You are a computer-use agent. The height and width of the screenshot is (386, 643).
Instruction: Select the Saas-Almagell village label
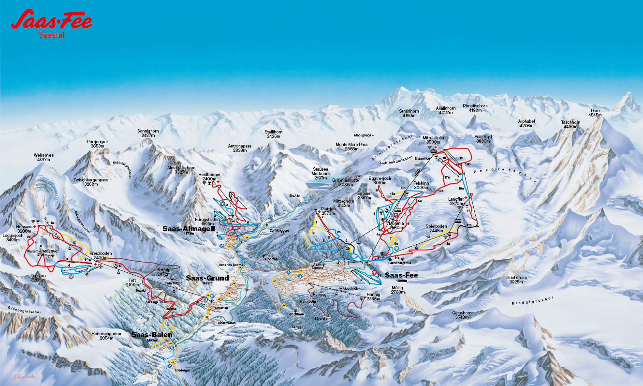(189, 228)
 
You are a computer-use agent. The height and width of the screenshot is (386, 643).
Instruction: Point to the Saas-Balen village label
(151, 334)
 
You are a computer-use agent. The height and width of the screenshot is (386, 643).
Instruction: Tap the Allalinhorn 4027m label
(445, 111)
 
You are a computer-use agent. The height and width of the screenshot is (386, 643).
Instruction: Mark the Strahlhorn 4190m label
(409, 113)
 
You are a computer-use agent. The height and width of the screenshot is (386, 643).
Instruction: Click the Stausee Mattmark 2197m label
(321, 174)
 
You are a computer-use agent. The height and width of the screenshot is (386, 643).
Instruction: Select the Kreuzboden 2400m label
(101, 255)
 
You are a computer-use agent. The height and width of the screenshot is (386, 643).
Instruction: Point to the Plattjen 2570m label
(328, 211)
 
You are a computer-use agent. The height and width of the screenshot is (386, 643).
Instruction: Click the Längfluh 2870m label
(456, 201)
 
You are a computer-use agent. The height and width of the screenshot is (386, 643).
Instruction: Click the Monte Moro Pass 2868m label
(351, 147)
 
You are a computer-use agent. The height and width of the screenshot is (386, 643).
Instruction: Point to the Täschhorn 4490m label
(570, 125)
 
